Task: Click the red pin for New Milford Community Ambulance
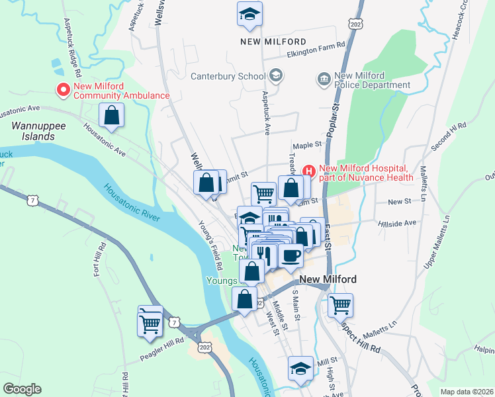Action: (x=64, y=90)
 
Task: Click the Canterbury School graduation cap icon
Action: (x=276, y=76)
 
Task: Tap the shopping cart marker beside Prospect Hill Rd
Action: (x=340, y=306)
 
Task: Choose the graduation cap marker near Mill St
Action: (x=300, y=369)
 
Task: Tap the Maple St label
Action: (x=306, y=145)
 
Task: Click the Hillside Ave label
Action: (x=397, y=224)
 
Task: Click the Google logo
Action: (x=22, y=389)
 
